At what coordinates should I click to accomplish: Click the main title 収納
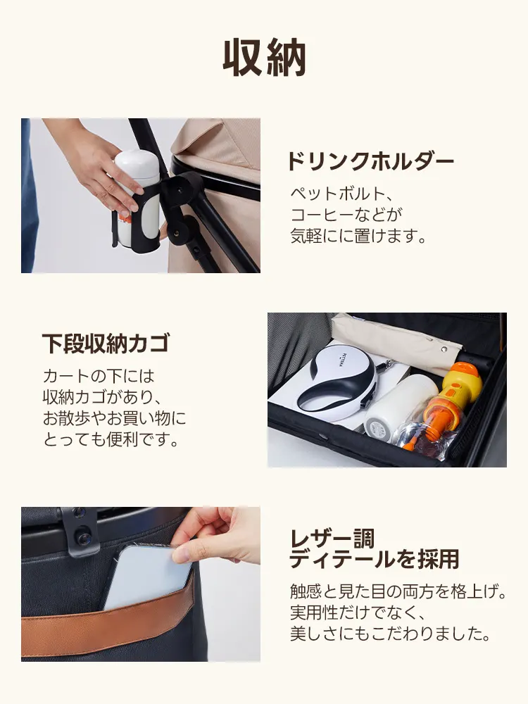pyautogui.click(x=264, y=58)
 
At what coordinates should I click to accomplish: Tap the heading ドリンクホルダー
pyautogui.click(x=370, y=162)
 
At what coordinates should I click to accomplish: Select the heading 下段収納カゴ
pyautogui.click(x=106, y=344)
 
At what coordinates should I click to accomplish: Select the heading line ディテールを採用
pyautogui.click(x=375, y=560)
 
